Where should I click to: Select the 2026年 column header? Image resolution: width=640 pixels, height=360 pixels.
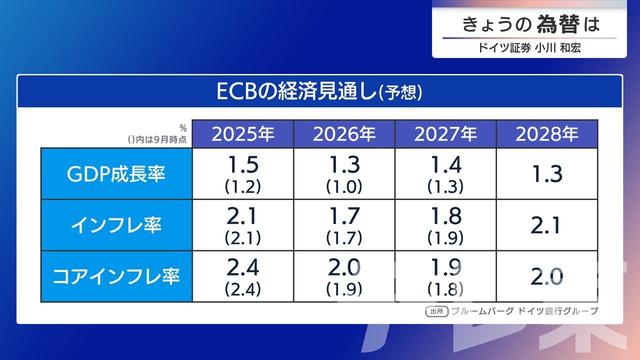coord(345,133)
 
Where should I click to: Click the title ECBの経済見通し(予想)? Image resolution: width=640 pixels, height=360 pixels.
coord(319,91)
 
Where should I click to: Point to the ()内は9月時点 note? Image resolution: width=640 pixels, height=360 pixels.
coord(158,138)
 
